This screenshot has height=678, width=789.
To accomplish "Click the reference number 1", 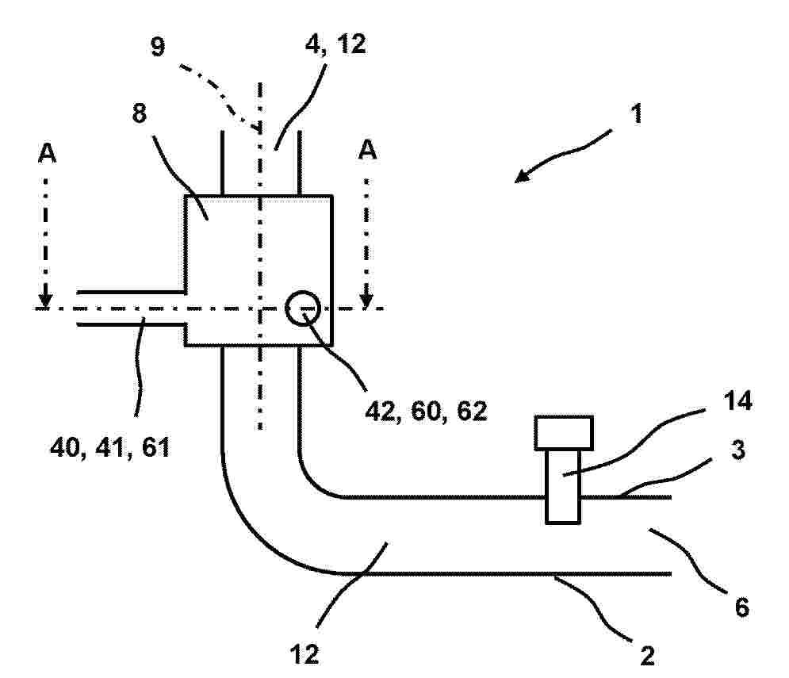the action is [637, 113].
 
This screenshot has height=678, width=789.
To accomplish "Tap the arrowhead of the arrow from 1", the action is [522, 176].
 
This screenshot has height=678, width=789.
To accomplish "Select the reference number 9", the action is [158, 47].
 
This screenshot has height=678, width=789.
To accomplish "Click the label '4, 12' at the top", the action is [335, 44].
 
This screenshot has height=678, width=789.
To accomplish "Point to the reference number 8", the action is [140, 113].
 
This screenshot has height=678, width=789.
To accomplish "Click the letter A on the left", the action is [47, 152].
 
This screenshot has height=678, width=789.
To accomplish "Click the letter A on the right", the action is [367, 150].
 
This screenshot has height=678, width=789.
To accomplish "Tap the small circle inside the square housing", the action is [303, 308].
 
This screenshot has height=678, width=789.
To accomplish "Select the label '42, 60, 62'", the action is [426, 412].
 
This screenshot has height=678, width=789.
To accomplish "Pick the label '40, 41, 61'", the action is [110, 447].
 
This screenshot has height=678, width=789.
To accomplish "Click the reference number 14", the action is [737, 401].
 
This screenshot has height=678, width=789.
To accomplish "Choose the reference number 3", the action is [737, 450].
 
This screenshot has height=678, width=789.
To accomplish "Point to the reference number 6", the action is [742, 607].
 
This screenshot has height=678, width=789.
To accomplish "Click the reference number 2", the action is [647, 656].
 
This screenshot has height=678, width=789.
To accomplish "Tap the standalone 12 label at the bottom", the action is [304, 655].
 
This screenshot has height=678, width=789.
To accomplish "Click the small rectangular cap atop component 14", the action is [564, 433].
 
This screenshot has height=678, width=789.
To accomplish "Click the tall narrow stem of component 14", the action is [563, 486].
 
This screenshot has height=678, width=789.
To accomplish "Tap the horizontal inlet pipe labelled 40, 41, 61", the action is [131, 308].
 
